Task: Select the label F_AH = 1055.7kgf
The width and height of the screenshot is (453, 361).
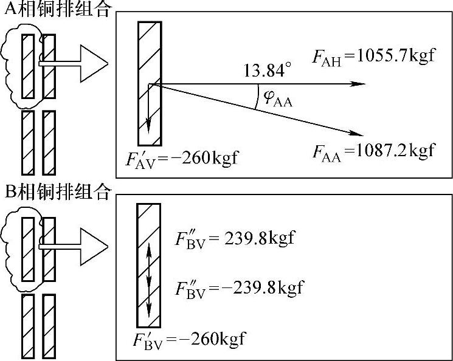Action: (373, 58)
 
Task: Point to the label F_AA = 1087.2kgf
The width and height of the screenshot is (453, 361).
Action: (373, 150)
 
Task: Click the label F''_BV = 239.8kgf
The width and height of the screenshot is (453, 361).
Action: (233, 237)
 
